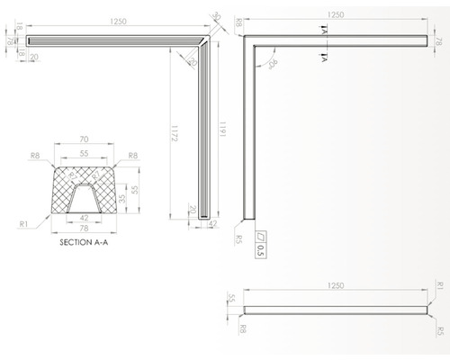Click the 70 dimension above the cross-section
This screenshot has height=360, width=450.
point(84,139)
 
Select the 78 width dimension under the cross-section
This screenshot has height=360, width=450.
point(84,229)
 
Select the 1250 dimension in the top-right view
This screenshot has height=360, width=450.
point(337,15)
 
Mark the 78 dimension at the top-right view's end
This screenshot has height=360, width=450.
point(440,41)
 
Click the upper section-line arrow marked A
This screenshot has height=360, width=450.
point(321,29)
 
